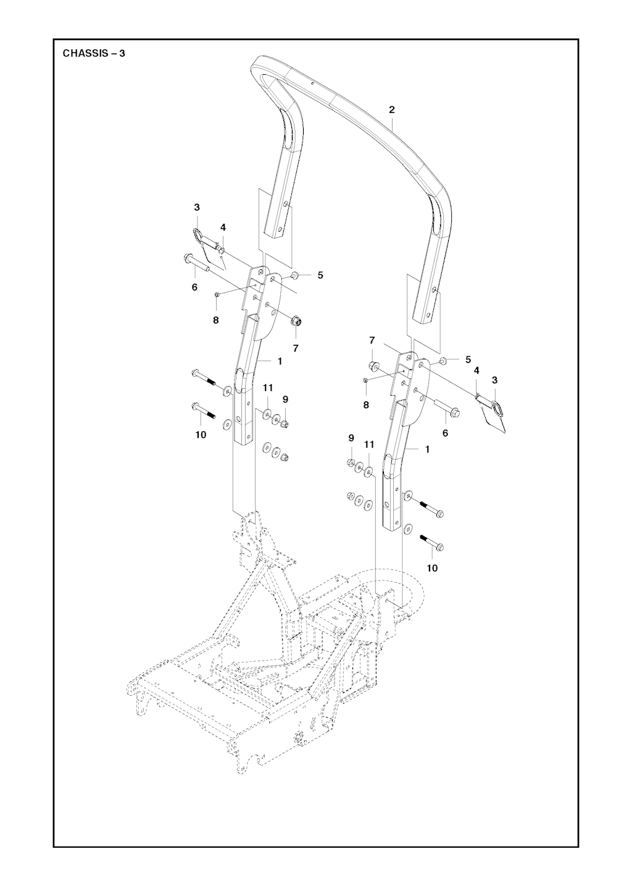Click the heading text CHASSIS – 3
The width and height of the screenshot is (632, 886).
pos(94,53)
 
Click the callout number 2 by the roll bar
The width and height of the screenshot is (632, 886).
pos(391,109)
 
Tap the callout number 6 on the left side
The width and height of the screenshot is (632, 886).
pos(194,288)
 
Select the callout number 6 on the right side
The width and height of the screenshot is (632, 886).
pos(446,433)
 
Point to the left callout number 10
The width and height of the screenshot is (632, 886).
pos(201,435)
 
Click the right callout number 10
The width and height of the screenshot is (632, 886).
pos(432,568)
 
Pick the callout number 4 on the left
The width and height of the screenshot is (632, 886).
pos(223,227)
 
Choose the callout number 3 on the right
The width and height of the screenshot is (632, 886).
pos(494,380)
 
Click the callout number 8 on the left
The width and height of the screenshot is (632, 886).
pos(215,320)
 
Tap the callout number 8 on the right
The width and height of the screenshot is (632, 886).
pos(366,404)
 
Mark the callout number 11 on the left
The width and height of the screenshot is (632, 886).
pos(268,388)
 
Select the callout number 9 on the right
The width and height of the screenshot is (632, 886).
pos(351,438)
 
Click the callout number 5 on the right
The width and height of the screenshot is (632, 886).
pos(468,359)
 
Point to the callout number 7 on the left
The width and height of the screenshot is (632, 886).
pos(296,348)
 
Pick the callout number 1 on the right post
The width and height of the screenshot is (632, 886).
pos(427,449)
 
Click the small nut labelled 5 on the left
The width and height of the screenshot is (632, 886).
pos(294,275)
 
